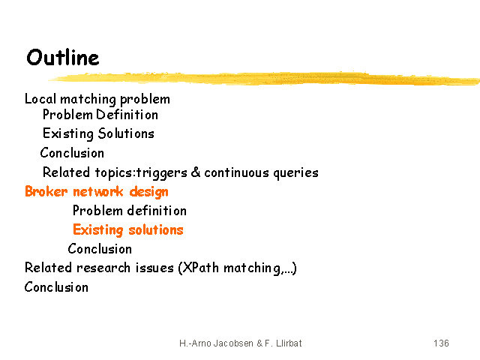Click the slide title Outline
coord(63,57)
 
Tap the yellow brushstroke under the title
coord(264,78)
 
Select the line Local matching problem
coord(97,100)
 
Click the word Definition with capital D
coord(127,115)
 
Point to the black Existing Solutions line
coord(98,133)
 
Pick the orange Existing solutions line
coord(128,230)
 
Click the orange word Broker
coord(46,192)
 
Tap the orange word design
coord(148,192)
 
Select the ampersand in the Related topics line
coord(196,172)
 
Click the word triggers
coord(162,173)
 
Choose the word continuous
coord(237,172)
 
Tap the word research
coord(103,268)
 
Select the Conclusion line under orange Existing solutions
coord(100,249)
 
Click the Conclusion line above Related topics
coord(72,153)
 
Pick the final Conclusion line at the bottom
coord(56,287)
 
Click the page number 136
coord(441,343)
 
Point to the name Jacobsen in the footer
coord(233,343)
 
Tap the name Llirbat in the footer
coord(289,343)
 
